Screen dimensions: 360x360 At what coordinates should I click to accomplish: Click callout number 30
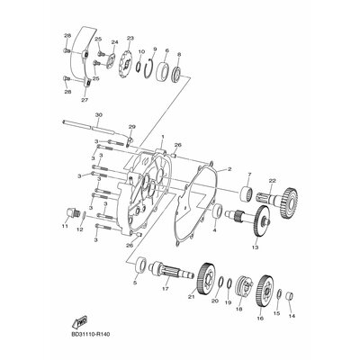[x=98, y=115]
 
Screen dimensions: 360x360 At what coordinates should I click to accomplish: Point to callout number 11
[x=64, y=227]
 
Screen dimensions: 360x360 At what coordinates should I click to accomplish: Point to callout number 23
[x=130, y=38]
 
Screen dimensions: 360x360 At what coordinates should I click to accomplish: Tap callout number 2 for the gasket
[x=229, y=169]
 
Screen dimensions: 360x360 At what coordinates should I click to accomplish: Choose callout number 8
[x=179, y=54]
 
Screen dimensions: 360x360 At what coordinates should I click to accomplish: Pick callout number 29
[x=131, y=128]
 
